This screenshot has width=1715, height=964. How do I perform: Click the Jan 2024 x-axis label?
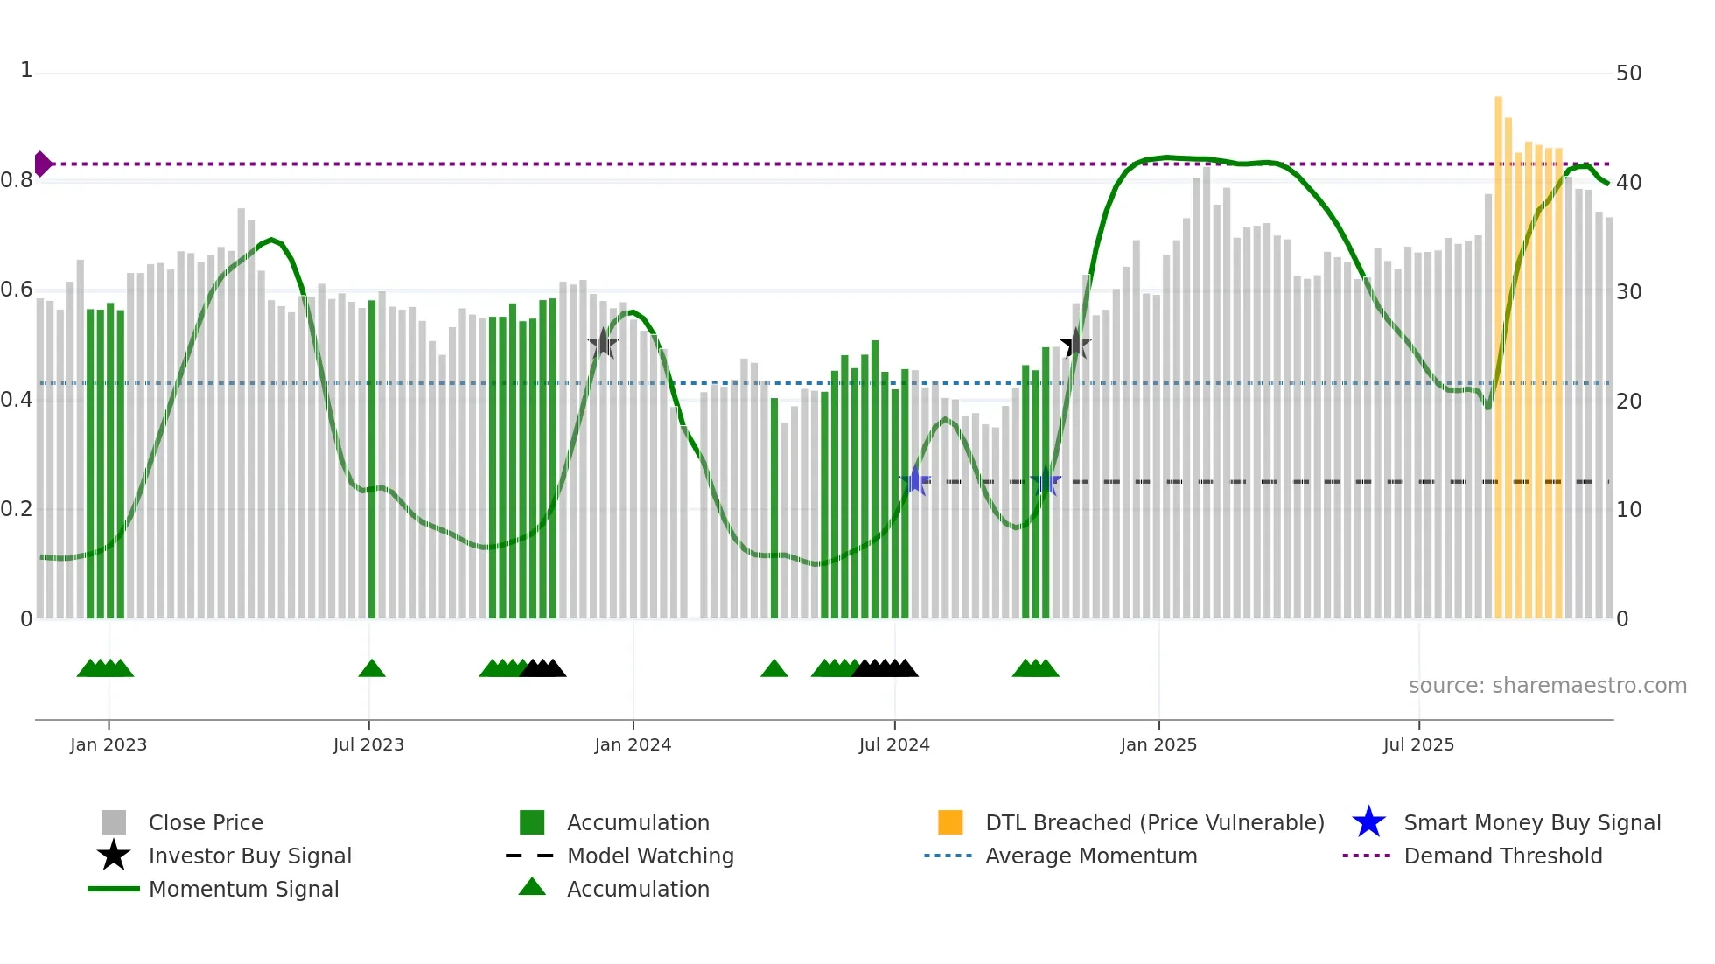[x=633, y=744]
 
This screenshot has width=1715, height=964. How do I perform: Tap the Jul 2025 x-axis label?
[x=1418, y=744]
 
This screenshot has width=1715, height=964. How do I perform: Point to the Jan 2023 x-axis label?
[x=108, y=744]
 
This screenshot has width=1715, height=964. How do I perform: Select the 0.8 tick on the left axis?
[x=17, y=181]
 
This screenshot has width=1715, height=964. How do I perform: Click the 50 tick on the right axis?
[x=1628, y=73]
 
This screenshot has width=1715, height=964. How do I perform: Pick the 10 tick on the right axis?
[x=1628, y=510]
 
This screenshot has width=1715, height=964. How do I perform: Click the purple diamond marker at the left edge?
[x=42, y=164]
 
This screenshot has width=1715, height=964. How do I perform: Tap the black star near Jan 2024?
[x=603, y=344]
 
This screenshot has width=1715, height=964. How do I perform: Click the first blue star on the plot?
[x=915, y=480]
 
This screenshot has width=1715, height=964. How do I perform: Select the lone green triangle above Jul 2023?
[x=372, y=669]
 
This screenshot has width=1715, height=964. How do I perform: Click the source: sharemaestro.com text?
[x=1547, y=686]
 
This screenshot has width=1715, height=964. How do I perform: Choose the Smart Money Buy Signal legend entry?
[x=1531, y=822]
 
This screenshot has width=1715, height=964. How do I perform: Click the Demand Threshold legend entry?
[x=1502, y=856]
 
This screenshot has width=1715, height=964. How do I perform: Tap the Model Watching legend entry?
[x=649, y=856]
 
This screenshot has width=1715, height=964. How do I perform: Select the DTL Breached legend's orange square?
[x=950, y=822]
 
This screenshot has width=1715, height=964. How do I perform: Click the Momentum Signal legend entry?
[x=243, y=889]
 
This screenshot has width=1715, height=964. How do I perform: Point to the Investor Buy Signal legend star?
[x=114, y=856]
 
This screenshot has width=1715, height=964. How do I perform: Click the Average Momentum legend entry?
[x=1090, y=856]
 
